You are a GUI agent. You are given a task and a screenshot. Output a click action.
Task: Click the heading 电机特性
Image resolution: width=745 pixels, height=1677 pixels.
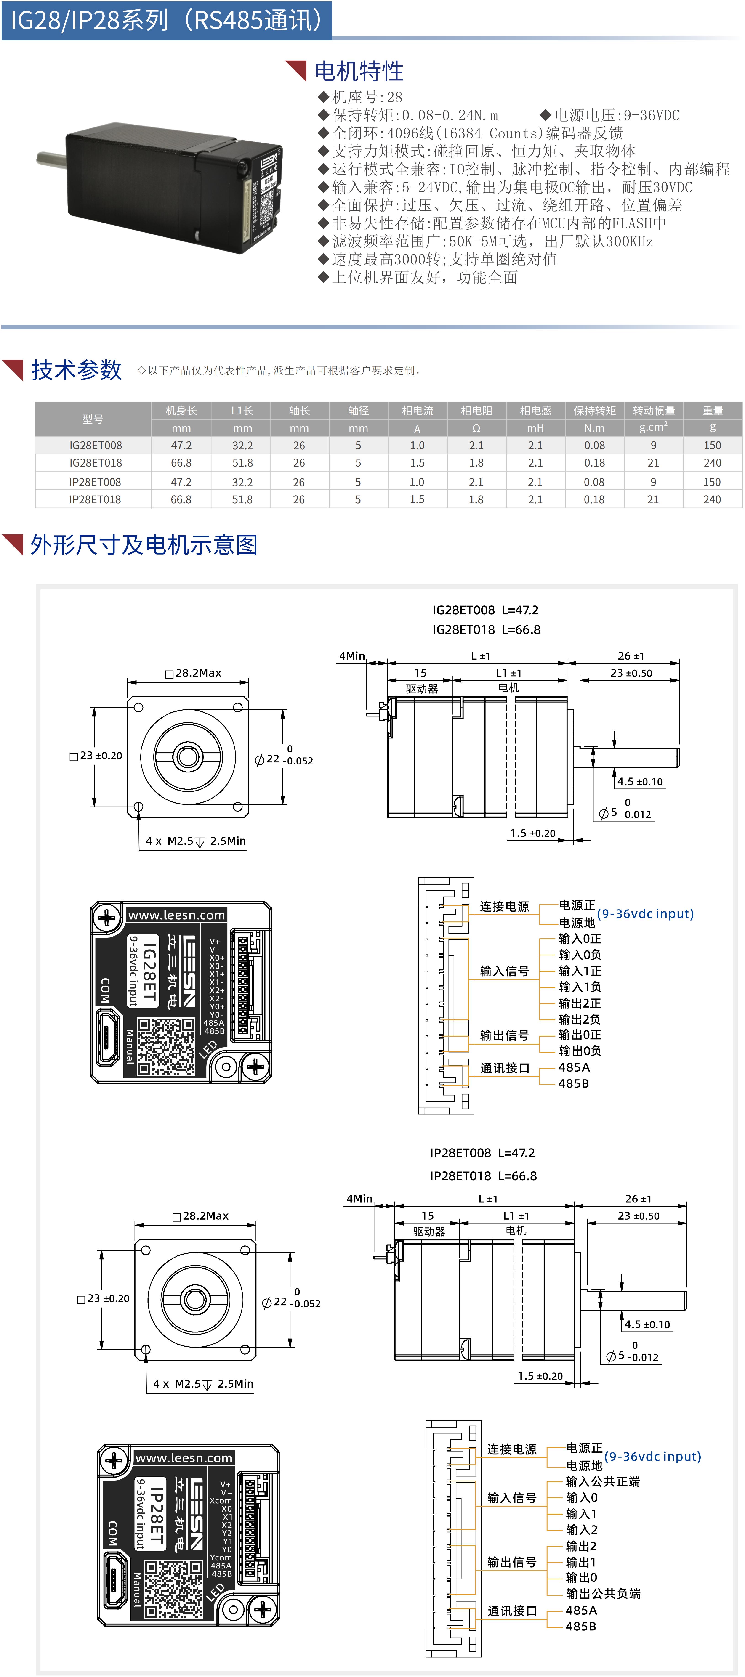(359, 71)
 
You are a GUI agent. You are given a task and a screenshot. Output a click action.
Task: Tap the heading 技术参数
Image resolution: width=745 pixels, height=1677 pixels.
(76, 370)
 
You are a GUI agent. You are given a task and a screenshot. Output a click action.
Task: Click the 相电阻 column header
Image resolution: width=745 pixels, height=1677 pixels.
(476, 411)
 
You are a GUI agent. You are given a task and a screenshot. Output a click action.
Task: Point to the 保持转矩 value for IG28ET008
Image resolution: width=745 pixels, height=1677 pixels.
(594, 445)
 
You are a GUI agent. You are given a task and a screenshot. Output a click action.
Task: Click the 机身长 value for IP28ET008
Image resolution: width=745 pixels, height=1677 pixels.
(181, 482)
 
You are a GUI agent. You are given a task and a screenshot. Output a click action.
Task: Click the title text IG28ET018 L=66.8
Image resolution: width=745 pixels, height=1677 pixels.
(486, 629)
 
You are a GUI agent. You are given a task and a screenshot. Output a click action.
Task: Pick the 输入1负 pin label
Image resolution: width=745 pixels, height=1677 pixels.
(580, 987)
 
